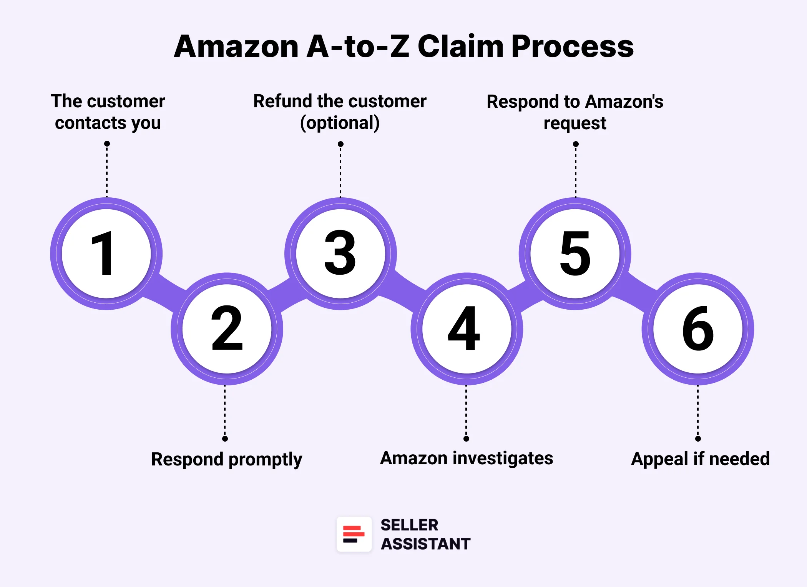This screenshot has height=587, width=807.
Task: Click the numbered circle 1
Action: click(106, 253)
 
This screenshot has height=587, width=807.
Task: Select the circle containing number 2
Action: click(227, 329)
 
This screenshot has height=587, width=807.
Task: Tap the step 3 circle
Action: click(340, 253)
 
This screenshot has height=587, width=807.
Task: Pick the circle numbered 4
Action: click(467, 329)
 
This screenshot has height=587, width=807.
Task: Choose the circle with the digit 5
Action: click(575, 253)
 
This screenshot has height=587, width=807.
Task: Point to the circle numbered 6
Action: click(698, 329)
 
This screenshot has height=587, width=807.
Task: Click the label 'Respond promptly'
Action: click(227, 459)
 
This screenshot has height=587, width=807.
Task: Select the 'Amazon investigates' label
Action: click(467, 459)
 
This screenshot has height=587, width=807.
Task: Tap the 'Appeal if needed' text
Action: click(700, 459)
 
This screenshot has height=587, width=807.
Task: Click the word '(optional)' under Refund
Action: click(340, 123)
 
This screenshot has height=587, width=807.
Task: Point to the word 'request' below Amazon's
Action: click(575, 123)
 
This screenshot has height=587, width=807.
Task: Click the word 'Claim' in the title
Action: click(460, 47)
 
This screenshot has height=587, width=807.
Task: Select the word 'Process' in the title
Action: click(572, 47)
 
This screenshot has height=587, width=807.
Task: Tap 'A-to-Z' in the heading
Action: click(358, 47)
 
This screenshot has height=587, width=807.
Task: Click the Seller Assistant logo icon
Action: click(354, 534)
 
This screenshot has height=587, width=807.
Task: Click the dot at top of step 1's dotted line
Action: click(107, 144)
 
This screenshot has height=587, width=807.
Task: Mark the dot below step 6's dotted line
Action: click(698, 439)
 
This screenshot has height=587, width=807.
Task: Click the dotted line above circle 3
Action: click(340, 171)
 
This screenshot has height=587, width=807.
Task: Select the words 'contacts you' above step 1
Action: click(108, 123)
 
